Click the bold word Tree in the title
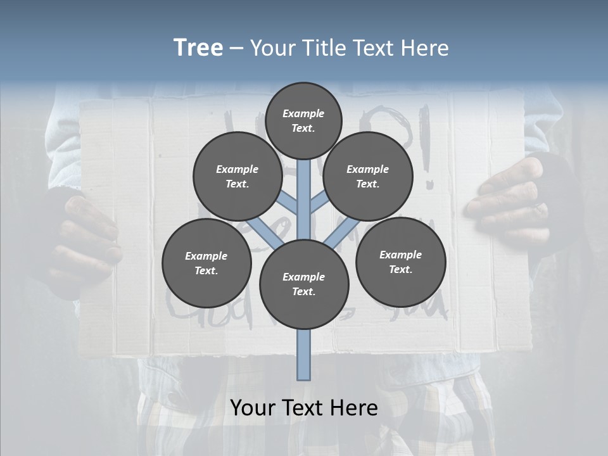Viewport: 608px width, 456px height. click(x=198, y=48)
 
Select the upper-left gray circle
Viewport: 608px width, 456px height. click(x=237, y=176)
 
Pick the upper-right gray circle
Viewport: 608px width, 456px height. click(x=368, y=176)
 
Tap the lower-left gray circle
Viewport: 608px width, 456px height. click(x=206, y=263)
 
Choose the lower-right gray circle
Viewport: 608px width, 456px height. click(x=400, y=262)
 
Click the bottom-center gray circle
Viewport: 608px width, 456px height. click(x=304, y=284)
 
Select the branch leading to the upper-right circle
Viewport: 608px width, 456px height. click(x=319, y=203)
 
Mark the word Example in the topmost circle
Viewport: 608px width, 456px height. click(x=303, y=113)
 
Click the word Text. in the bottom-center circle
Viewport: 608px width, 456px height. click(x=303, y=292)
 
